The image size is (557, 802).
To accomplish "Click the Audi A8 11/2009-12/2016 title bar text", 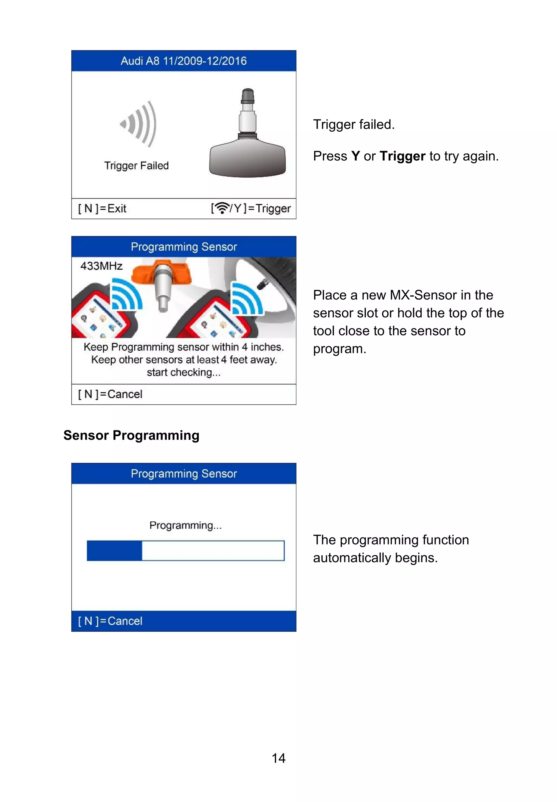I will [184, 61].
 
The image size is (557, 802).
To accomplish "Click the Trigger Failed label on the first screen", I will [137, 165].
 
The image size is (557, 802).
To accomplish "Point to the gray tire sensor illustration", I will [247, 136].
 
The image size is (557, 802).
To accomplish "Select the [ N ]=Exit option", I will [102, 209].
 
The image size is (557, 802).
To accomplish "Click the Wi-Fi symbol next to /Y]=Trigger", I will [221, 208].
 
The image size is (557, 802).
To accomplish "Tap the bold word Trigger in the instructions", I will [403, 156].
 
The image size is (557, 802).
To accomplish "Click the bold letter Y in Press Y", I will [355, 156].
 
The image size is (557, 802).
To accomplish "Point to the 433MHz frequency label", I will [101, 266].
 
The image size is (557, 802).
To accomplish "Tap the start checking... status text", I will [184, 372].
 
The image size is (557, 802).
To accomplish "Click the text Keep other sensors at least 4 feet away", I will [184, 360].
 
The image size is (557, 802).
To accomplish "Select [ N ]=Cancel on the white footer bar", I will [110, 394].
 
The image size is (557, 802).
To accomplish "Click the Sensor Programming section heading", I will [131, 435].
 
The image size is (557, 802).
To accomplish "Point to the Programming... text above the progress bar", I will [185, 525].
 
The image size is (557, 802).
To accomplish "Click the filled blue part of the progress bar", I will [114, 551].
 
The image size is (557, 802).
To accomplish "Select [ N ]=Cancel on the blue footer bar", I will [110, 621].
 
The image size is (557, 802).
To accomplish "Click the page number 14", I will [278, 758].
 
